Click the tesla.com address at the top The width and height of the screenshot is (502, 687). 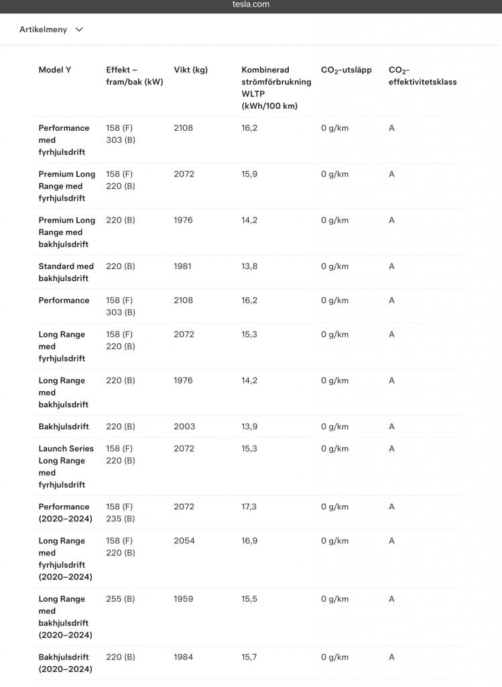tap(251, 5)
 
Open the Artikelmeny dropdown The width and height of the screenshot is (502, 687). tap(44, 30)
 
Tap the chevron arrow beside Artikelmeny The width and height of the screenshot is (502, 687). tap(79, 30)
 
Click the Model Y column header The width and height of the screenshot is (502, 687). tap(55, 70)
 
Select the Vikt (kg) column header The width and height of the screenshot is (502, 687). tap(190, 70)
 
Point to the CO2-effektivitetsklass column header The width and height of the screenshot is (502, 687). tap(422, 76)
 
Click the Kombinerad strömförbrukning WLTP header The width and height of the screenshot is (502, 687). tap(276, 88)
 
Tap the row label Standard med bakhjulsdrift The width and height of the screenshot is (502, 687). tap(66, 272)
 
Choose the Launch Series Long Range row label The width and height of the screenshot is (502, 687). tap(66, 466)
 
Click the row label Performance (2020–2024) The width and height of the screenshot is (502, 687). tap(65, 513)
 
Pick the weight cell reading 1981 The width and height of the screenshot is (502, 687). tap(182, 266)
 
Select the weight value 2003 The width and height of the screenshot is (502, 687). tap(184, 427)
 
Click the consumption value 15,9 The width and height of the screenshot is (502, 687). tap(249, 174)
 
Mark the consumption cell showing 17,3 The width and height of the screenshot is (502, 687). tap(249, 507)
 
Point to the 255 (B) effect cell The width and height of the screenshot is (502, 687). tap(120, 599)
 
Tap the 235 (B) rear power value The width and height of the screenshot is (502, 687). tap(120, 519)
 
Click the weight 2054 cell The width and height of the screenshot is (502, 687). tap(184, 541)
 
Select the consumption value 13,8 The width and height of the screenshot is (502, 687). tap(249, 266)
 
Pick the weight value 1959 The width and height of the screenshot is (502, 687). tap(183, 599)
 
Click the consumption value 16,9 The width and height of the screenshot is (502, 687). tap(249, 541)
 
